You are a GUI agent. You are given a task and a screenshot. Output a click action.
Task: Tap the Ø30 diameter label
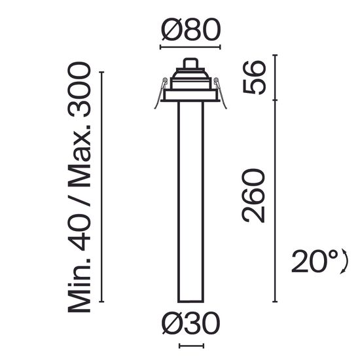[x=190, y=323]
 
